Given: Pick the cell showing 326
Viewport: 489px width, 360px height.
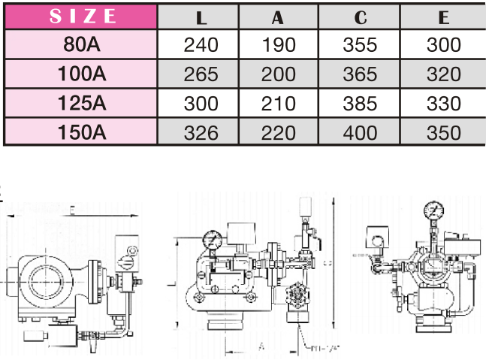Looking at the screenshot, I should click(x=201, y=133).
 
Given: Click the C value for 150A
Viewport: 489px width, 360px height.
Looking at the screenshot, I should click(x=360, y=133).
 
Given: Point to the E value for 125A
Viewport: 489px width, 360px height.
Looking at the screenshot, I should click(x=442, y=104).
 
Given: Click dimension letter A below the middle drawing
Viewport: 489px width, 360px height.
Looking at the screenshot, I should click(x=261, y=347).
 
